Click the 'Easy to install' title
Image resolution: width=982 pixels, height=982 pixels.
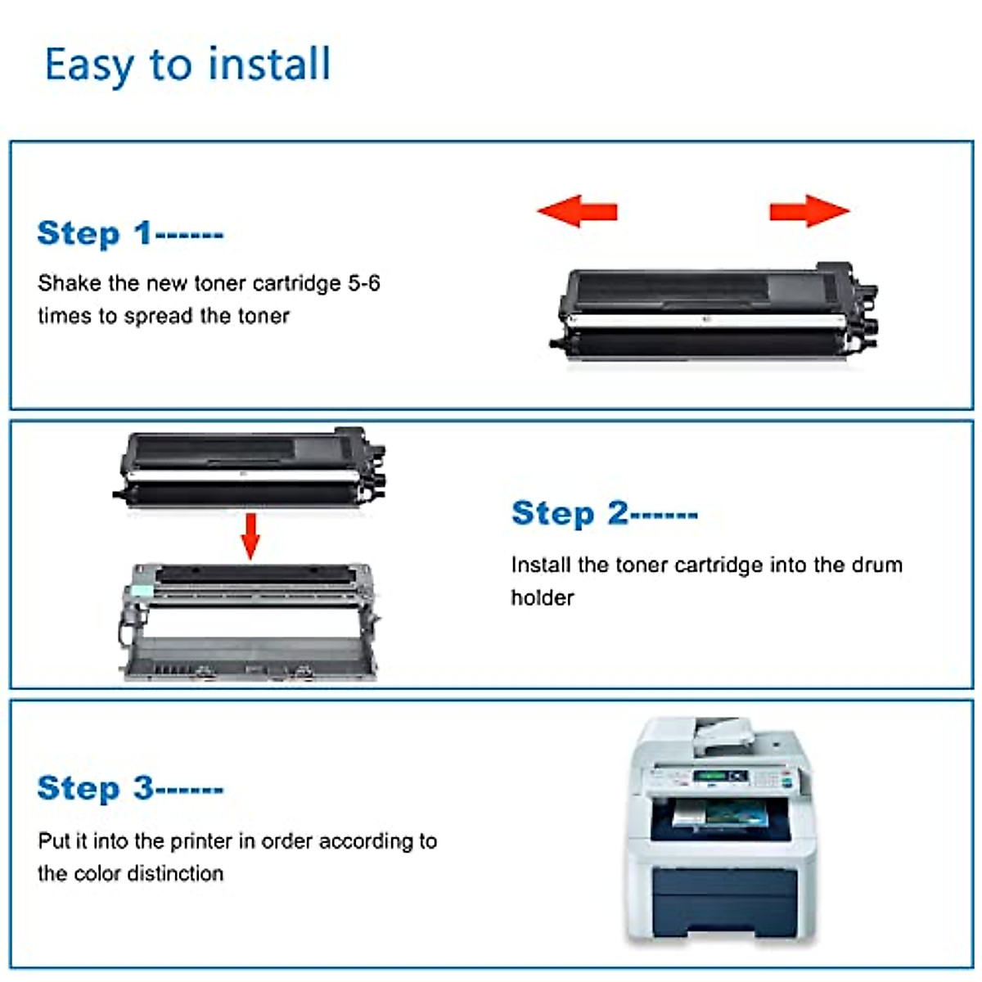click(187, 65)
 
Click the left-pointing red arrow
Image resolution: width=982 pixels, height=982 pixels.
click(577, 211)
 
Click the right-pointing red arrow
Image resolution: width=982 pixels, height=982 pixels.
click(809, 211)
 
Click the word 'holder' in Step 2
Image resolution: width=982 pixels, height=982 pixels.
click(542, 597)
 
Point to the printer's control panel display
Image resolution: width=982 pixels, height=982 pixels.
click(710, 776)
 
